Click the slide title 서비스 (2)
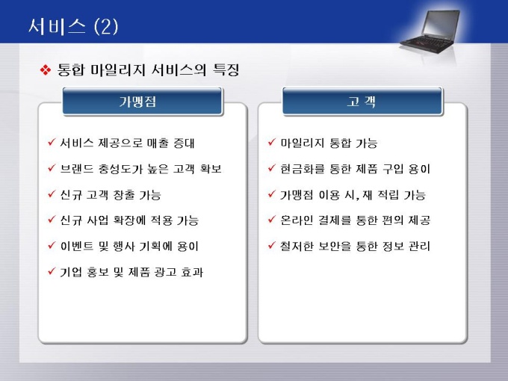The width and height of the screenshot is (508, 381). coord(73,26)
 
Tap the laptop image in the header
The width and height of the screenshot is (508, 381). coord(430,31)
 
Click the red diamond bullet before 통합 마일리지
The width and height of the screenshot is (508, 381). coord(46,70)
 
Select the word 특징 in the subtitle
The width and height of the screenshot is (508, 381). coord(226,69)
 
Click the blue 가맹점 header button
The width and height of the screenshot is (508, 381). coord(143,102)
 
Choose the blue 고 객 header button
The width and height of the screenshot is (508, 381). coord(362,102)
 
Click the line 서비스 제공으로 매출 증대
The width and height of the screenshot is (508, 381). coord(127,143)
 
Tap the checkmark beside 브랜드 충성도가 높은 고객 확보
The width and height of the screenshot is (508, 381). coord(52,168)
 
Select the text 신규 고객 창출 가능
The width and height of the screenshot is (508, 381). coord(111,195)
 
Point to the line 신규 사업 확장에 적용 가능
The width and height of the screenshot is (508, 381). coord(129,220)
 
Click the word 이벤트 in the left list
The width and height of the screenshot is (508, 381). coord(77,247)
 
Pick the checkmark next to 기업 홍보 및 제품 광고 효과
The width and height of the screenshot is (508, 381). coord(52,271)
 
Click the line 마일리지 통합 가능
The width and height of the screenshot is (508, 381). coord(329,143)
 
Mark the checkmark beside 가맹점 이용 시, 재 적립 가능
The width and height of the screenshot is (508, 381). coord(272,193)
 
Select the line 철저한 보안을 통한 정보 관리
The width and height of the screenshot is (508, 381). coord(355,247)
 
